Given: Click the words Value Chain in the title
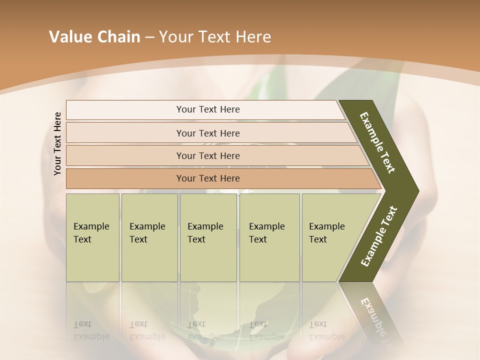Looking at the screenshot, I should (94, 37).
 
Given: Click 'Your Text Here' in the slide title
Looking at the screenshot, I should (215, 37).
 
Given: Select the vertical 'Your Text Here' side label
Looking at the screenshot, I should (58, 143).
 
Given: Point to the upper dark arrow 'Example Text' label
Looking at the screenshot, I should (378, 142).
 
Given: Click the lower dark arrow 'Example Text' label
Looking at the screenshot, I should (379, 236).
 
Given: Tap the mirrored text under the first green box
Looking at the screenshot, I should (91, 330).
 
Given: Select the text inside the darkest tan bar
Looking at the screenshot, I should (208, 178).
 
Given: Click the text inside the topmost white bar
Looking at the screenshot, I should (208, 109).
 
